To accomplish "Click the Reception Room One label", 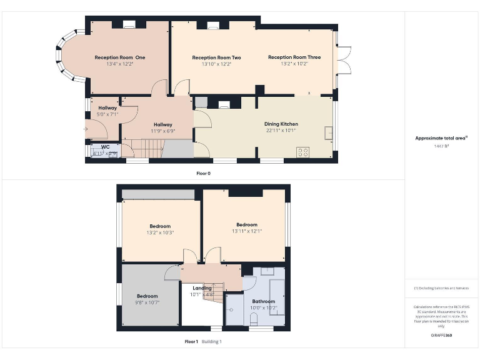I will click(120, 57).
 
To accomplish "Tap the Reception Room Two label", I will click(216, 57).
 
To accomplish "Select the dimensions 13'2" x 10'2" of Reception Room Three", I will click(294, 64).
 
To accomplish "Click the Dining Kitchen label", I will click(281, 124).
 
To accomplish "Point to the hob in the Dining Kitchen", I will click(304, 151).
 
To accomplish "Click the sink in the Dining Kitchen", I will click(328, 132).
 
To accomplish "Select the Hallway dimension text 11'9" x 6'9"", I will click(162, 131).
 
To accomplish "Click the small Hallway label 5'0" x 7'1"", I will click(107, 114).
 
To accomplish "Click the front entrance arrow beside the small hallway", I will click(86, 129).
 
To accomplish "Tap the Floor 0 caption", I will click(203, 173).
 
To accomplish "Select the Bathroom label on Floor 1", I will click(263, 301).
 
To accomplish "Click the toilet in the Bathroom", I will click(254, 319).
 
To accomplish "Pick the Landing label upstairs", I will click(202, 288).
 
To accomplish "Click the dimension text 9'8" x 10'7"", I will click(147, 302).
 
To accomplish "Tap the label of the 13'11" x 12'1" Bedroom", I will click(246, 225).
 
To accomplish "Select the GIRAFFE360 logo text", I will click(441, 336).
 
